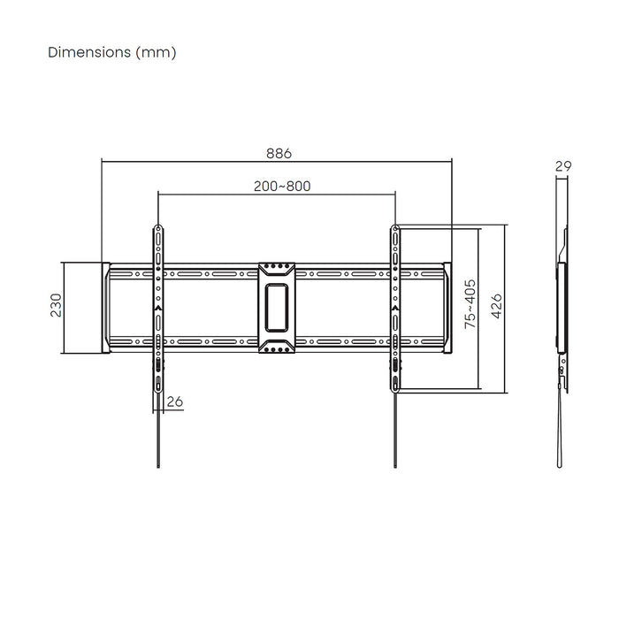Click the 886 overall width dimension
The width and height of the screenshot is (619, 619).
point(279,152)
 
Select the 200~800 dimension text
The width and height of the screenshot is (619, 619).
point(281,186)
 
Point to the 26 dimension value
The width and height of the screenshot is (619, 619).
point(174,401)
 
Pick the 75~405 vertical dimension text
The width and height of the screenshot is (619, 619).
point(470,305)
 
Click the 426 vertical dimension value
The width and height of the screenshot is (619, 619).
point(497,306)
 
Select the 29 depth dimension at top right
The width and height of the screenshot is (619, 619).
point(562,165)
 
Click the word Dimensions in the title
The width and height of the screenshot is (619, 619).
point(89,52)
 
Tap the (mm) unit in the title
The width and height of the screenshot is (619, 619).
point(157,52)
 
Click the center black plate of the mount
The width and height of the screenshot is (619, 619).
point(277,306)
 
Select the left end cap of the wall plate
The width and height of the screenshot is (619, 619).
point(105,307)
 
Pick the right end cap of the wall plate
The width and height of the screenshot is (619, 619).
point(448,307)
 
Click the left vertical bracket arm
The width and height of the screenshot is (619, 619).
point(157,305)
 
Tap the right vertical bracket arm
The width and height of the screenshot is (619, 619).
point(394,305)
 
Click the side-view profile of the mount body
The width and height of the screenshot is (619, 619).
point(561,305)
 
